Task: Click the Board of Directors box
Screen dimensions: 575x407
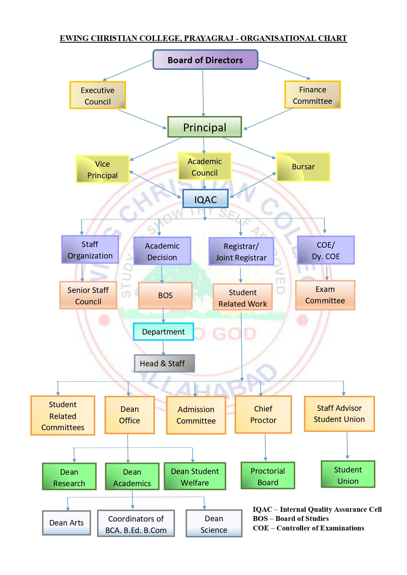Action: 205,60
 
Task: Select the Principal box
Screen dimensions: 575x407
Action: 205,127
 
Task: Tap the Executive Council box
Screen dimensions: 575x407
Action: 98,95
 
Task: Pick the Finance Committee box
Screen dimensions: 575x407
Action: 312,95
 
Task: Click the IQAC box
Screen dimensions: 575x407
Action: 205,199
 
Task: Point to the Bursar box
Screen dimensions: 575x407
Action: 303,167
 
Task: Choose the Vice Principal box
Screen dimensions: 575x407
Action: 102,169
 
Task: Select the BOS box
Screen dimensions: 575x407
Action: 165,296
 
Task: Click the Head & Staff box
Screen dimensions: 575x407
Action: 164,363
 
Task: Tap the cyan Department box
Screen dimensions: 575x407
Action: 163,332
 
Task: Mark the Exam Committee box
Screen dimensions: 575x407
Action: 325,295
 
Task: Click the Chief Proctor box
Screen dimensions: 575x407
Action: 263,414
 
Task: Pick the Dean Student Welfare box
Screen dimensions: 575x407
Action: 195,477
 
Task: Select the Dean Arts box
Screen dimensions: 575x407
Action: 67,523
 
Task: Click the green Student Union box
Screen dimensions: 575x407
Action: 348,475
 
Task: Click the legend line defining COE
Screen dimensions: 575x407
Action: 308,528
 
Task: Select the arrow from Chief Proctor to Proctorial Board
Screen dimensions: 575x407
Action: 265,447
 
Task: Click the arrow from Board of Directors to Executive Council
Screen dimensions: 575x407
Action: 128,70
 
